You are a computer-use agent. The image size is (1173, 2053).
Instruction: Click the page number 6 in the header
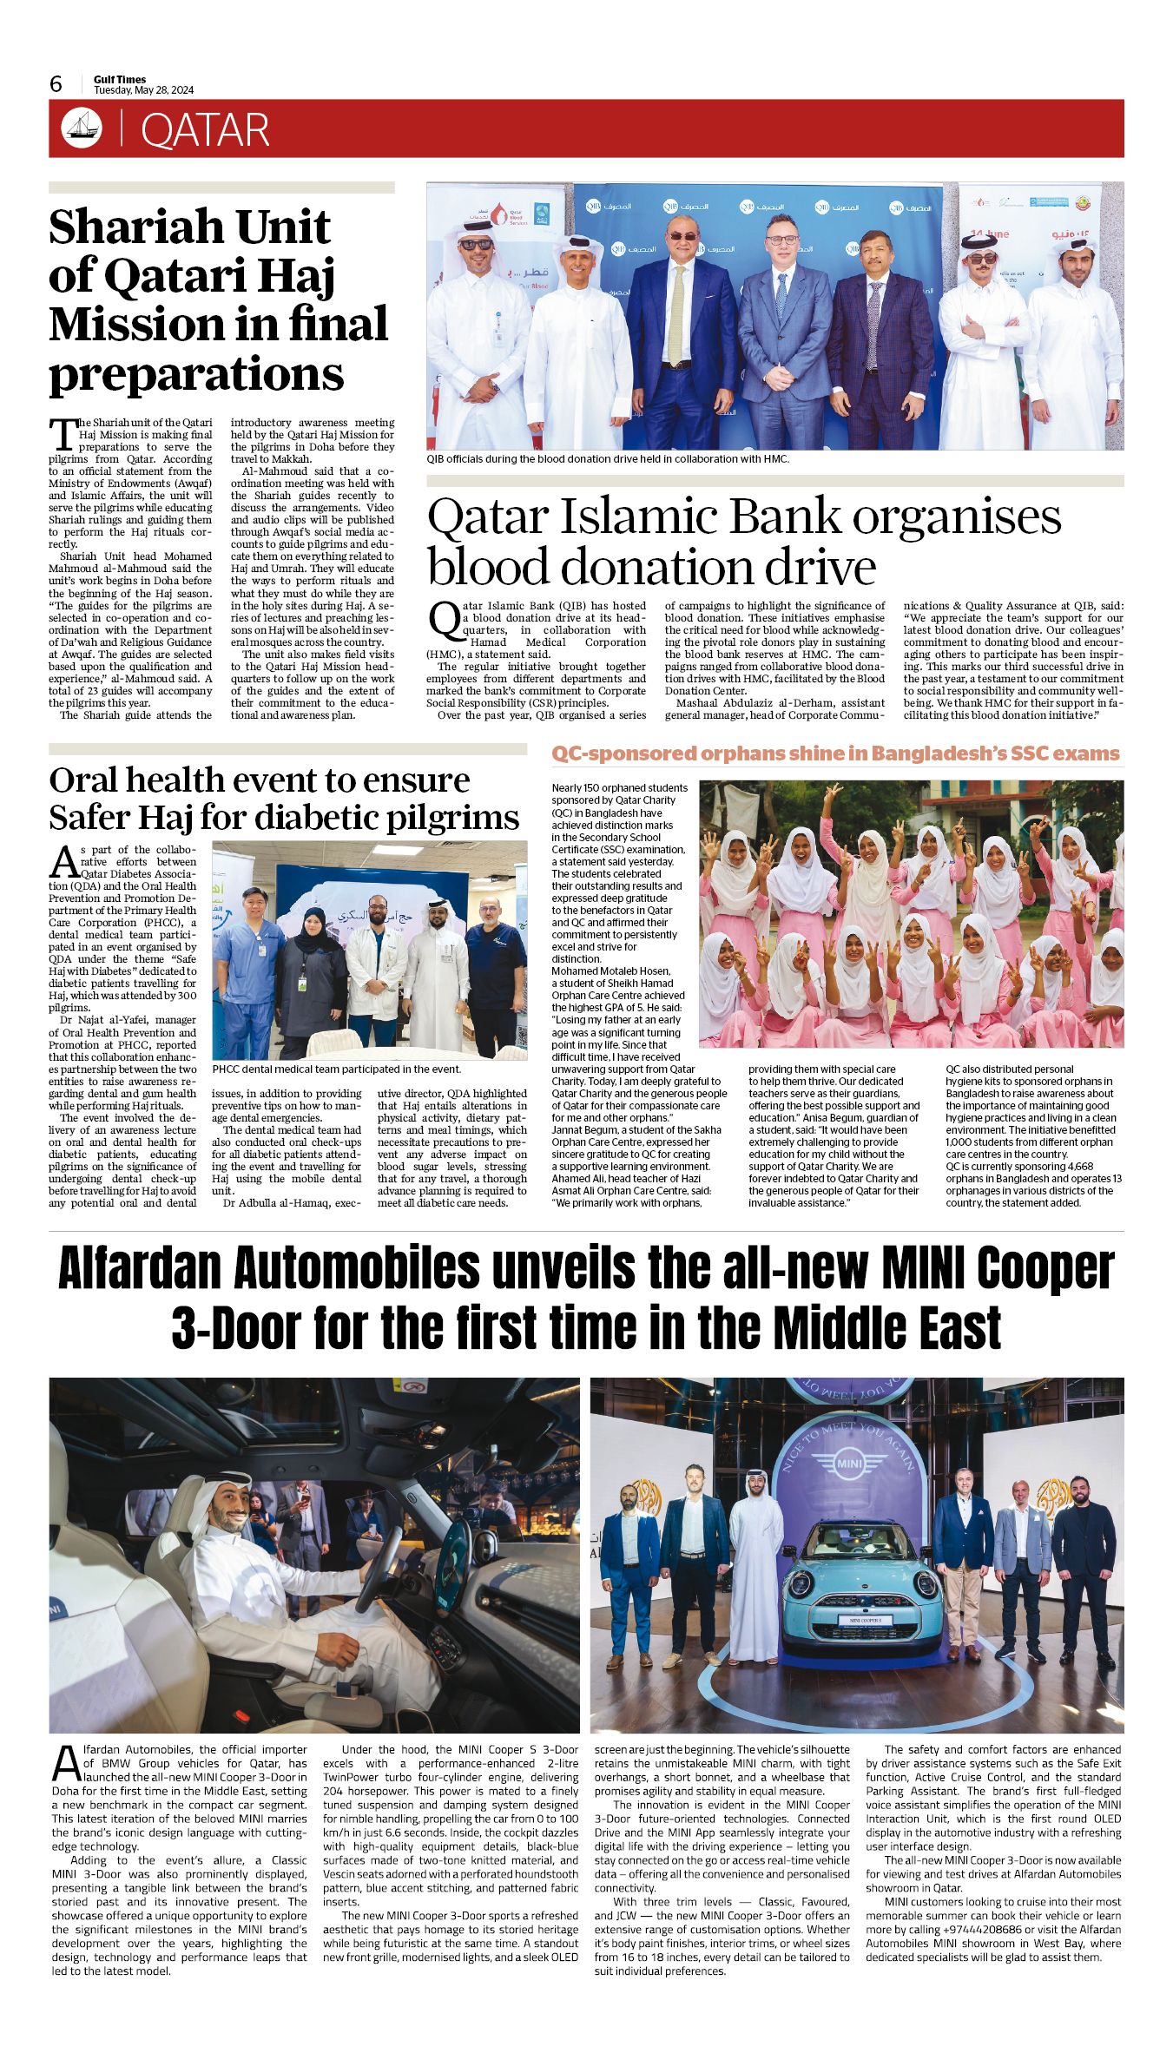tap(56, 83)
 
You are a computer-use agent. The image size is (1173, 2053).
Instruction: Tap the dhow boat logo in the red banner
tap(82, 128)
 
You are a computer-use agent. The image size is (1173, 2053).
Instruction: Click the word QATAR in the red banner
tap(205, 130)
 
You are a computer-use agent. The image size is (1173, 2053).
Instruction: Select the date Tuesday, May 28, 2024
tap(143, 90)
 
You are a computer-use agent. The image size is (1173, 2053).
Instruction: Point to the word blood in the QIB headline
tap(486, 568)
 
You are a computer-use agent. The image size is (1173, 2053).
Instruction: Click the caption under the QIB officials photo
tap(608, 458)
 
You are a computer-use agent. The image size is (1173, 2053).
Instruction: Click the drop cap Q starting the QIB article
tap(444, 619)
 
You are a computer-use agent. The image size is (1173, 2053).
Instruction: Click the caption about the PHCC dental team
tap(336, 1069)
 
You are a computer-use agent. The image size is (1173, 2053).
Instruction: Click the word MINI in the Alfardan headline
tap(926, 1269)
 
